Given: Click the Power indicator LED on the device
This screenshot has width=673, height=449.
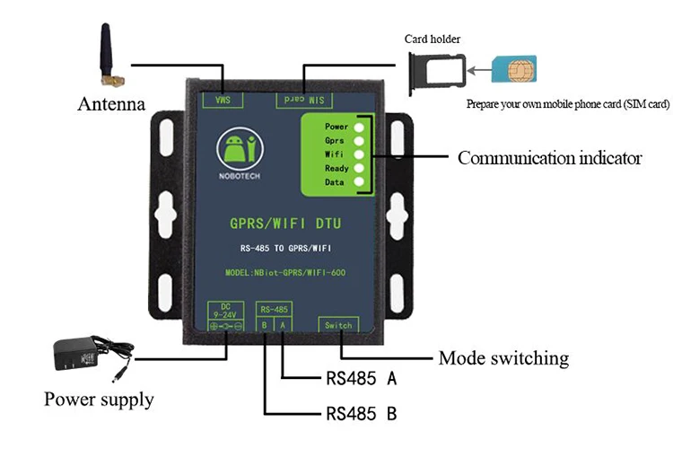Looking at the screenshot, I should (360, 127).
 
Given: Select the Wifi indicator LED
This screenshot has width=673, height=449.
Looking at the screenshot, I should (360, 154).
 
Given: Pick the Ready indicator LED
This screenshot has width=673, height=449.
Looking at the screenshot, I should (360, 168).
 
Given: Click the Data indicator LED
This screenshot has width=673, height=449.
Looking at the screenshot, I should (360, 182).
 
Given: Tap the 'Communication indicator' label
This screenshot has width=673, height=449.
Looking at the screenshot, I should (549, 158).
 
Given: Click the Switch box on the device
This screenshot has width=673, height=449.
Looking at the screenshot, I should (338, 325).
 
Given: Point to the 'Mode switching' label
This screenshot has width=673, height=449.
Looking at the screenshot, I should (503, 358).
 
